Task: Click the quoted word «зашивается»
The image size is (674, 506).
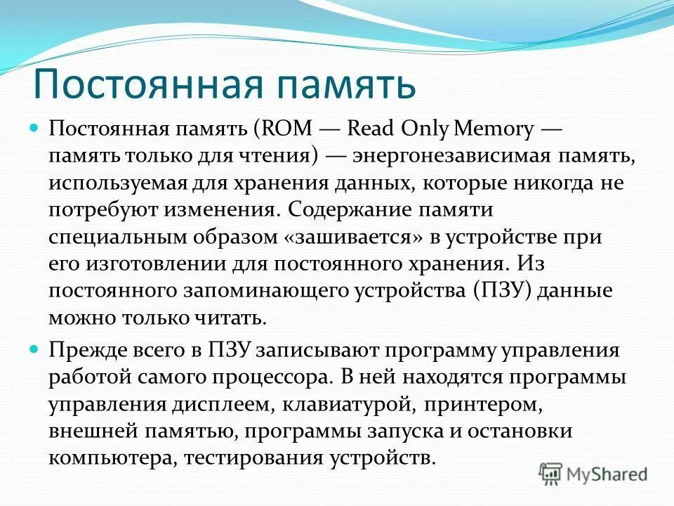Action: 354,237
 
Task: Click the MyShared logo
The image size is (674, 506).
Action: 593,473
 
